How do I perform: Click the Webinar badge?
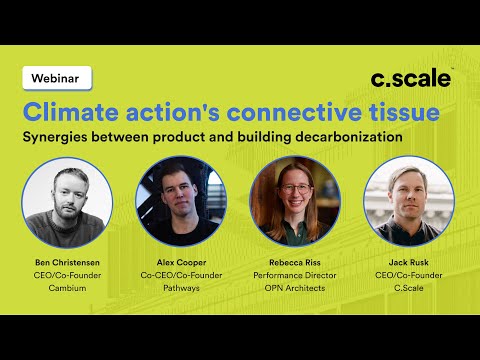click(56, 77)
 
